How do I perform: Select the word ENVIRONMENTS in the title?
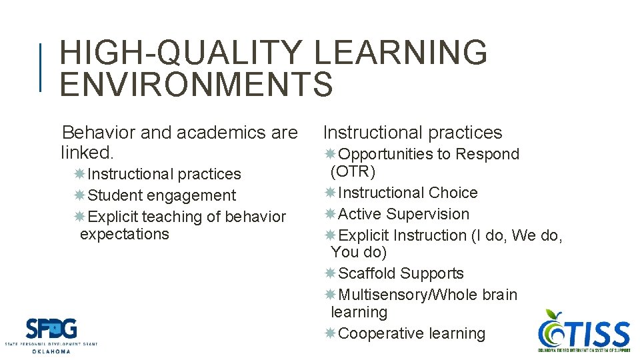click(196, 84)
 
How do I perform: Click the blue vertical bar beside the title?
click(41, 67)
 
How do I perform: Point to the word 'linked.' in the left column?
click(87, 153)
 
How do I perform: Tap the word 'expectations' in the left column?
click(124, 234)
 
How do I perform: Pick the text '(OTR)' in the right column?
click(353, 171)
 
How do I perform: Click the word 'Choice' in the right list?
click(453, 193)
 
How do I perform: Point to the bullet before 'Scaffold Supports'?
click(331, 273)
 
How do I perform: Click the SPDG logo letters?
click(51, 329)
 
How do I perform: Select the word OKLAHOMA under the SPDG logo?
click(51, 351)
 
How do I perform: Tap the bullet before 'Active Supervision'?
click(331, 214)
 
